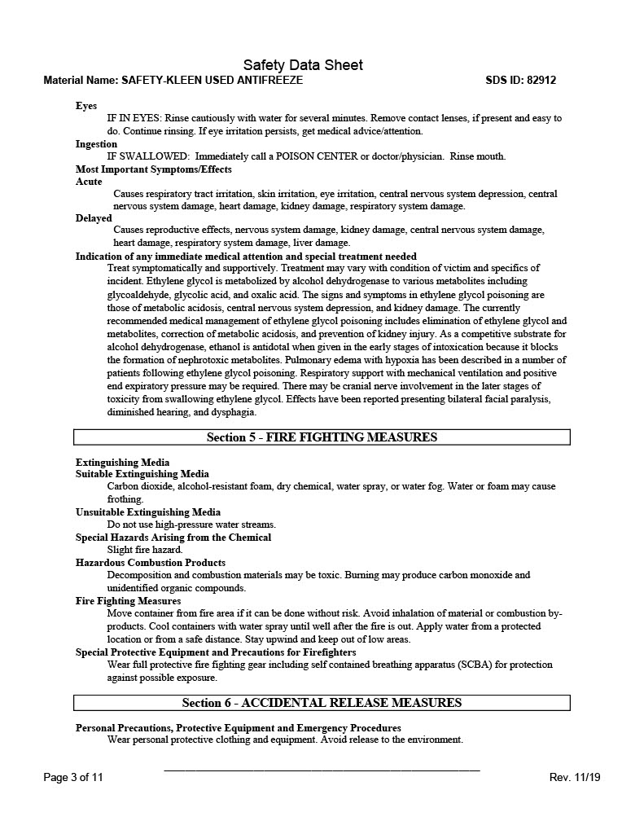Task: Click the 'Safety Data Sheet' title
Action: click(x=303, y=65)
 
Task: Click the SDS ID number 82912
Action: click(x=541, y=81)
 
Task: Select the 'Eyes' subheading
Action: click(x=86, y=106)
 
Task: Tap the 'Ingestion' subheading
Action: click(x=96, y=144)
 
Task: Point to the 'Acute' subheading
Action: click(x=89, y=182)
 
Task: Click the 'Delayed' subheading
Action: click(x=94, y=218)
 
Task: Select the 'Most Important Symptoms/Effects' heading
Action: click(x=154, y=169)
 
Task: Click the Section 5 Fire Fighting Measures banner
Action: click(x=322, y=437)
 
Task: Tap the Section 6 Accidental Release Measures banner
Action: click(x=322, y=703)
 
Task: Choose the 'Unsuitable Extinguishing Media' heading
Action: click(x=148, y=512)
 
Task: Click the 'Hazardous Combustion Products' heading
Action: click(x=151, y=563)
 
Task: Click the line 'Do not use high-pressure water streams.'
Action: click(x=191, y=525)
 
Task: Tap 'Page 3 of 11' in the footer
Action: click(x=73, y=777)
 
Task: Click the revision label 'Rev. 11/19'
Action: click(x=575, y=777)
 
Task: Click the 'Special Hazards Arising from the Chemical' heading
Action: click(x=173, y=538)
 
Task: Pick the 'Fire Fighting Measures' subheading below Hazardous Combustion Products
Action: click(x=129, y=601)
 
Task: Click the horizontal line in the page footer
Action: click(x=322, y=770)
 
